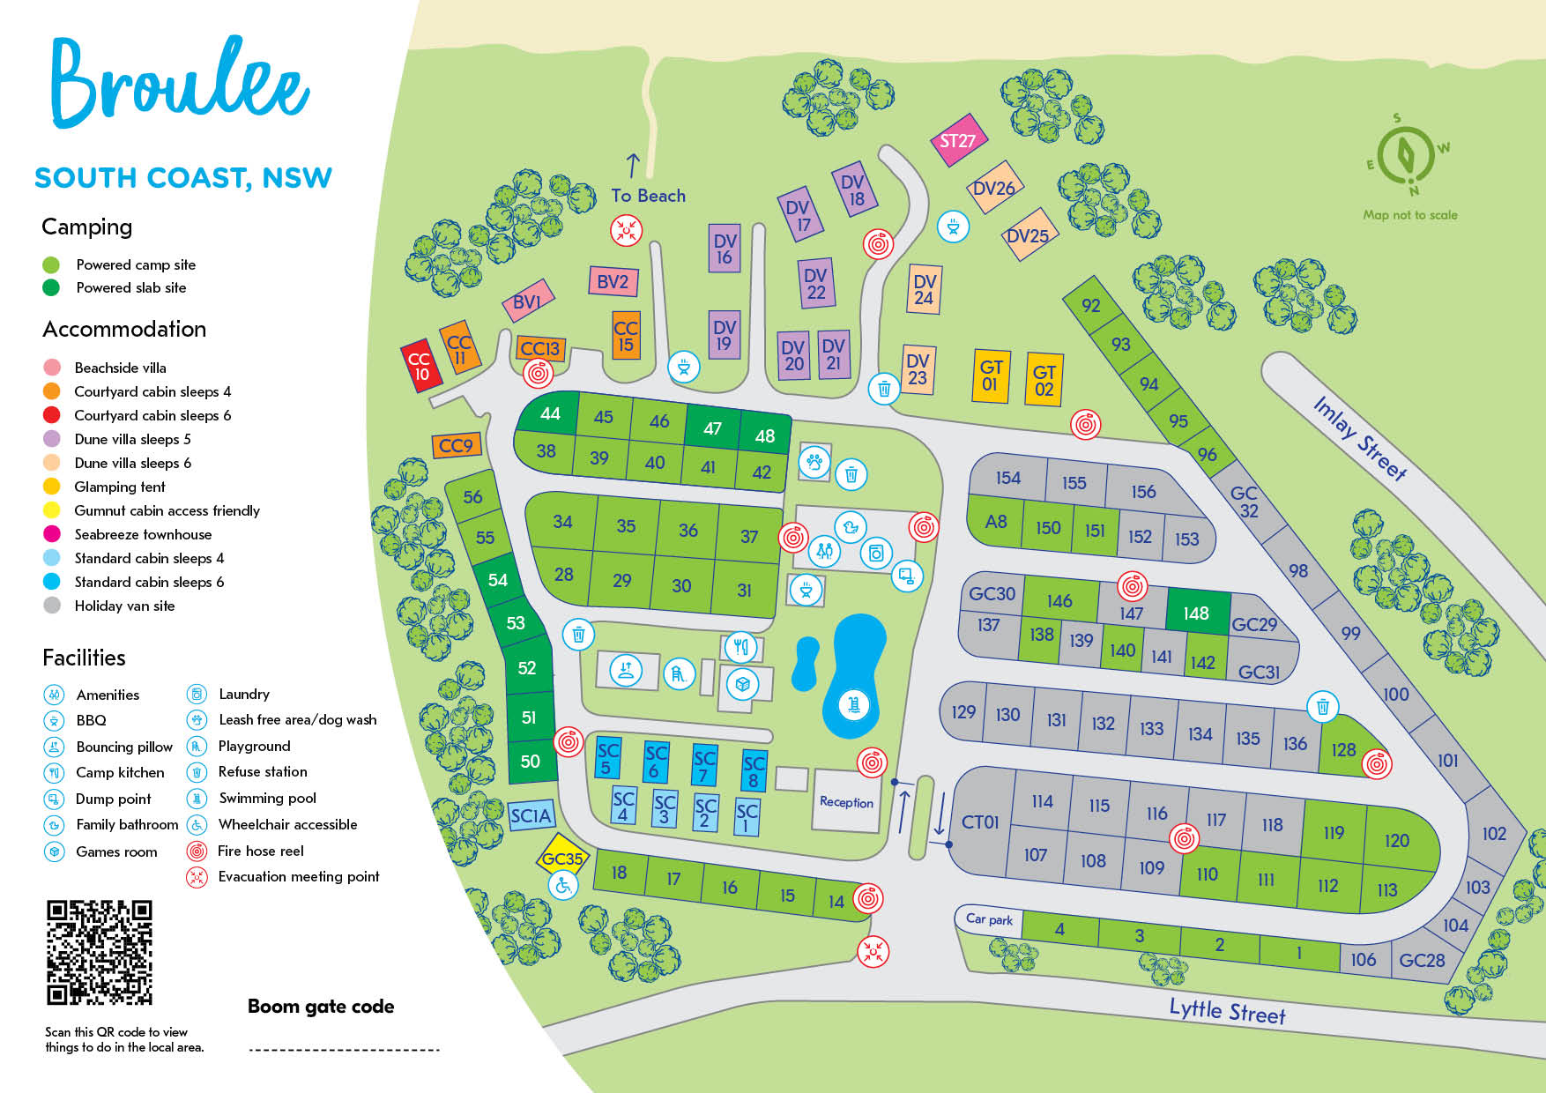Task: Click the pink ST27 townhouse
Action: tap(958, 141)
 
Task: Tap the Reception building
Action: tap(846, 801)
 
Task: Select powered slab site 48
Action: tap(764, 435)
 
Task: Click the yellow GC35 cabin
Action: tap(562, 858)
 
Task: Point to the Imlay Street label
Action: tap(1360, 438)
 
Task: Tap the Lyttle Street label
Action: tap(1227, 1011)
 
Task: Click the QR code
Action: tap(100, 952)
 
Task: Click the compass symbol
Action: tap(1407, 156)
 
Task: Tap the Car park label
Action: tap(989, 919)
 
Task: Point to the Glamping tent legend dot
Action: tap(52, 487)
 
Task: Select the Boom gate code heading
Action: tap(321, 1007)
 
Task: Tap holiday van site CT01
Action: tap(980, 822)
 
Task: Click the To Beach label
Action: tap(648, 196)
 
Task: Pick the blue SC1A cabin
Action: tap(531, 816)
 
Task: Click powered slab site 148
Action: tap(1196, 613)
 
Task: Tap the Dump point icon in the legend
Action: tap(55, 799)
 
